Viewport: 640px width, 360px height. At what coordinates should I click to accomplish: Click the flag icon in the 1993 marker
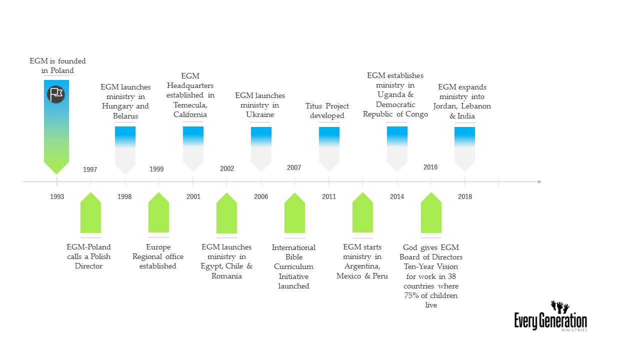[x=56, y=94]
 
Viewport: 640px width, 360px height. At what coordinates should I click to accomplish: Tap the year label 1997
[x=90, y=169]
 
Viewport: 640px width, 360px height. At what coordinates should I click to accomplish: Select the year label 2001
[x=193, y=196]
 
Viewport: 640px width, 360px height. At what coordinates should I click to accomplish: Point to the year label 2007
[x=294, y=167]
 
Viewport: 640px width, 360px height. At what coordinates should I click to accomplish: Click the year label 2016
[x=430, y=167]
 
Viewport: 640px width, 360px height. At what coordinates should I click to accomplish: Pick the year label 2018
[x=465, y=196]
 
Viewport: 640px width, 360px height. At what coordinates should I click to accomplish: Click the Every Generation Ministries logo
[x=550, y=317]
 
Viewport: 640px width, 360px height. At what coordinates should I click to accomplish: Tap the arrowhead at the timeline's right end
[x=539, y=181]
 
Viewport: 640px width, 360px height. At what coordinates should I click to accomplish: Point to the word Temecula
[x=190, y=105]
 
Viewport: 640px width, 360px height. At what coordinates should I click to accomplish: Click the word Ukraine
[x=260, y=114]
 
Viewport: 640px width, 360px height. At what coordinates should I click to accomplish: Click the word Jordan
[x=447, y=106]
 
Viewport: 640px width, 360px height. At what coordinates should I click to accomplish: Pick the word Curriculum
[x=293, y=266]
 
